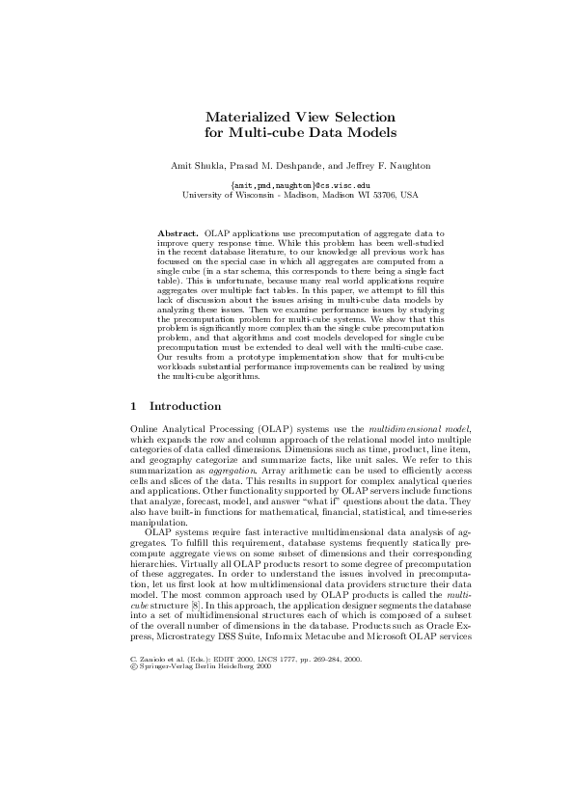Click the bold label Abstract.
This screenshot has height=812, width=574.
178,234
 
